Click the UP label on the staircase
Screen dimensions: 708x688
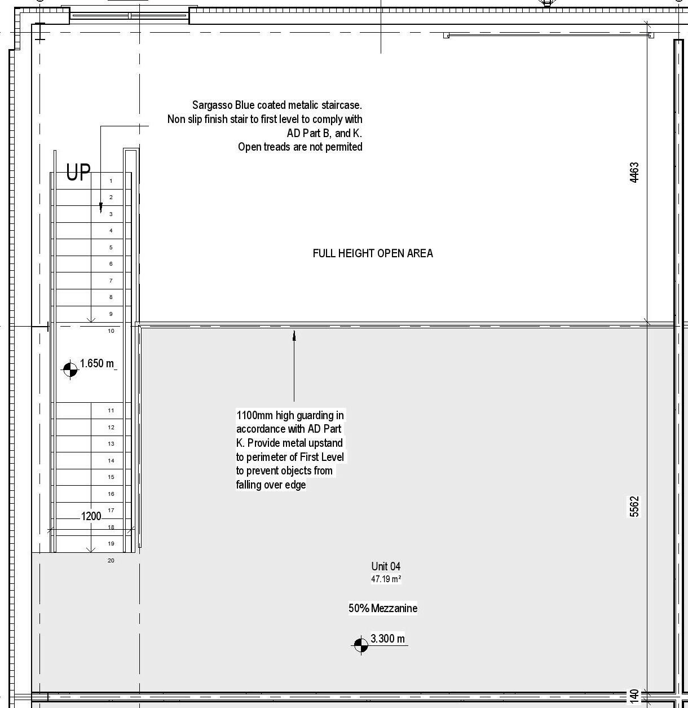click(78, 173)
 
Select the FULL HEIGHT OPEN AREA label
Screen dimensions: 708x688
click(373, 253)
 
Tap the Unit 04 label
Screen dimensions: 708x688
click(386, 566)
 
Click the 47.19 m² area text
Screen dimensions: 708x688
click(386, 579)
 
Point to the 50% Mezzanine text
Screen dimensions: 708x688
click(383, 608)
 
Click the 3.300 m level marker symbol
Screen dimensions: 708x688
click(360, 644)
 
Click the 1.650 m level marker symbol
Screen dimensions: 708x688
click(70, 369)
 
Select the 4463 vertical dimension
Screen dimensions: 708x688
click(634, 173)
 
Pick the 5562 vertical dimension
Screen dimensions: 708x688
click(634, 506)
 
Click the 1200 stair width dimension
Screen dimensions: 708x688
click(91, 516)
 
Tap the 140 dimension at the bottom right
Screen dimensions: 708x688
click(634, 696)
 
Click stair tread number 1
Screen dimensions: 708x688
click(111, 181)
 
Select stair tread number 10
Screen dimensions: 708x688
click(111, 331)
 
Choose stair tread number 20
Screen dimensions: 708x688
click(111, 561)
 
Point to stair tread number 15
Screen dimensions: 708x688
click(111, 477)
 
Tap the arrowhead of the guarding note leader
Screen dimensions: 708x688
click(294, 335)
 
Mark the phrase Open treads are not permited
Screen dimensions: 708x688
click(300, 147)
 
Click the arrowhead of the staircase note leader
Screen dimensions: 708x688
click(101, 209)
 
